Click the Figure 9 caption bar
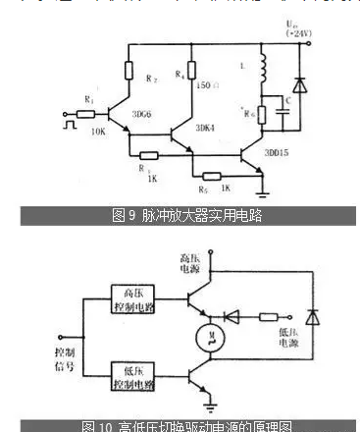tap(186, 215)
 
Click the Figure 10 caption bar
tap(186, 426)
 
